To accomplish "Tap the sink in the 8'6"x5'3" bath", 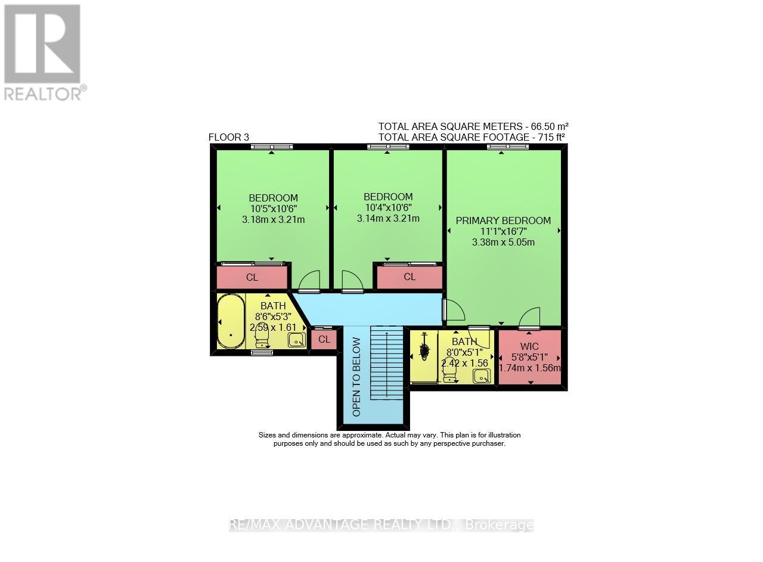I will [x=296, y=340].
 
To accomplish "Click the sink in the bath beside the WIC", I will [x=482, y=375].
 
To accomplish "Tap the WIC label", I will [x=529, y=346].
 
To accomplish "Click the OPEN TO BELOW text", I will [x=356, y=377].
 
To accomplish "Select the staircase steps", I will [x=387, y=364].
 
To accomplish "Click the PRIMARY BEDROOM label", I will [x=503, y=221].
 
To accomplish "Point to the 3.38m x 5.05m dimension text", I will [x=503, y=242].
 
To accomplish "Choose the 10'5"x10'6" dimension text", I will [x=273, y=209].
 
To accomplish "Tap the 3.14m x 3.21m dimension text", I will [x=388, y=218].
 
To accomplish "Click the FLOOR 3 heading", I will [x=228, y=138].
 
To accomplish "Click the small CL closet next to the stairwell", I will [x=324, y=340].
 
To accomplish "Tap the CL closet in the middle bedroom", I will [x=410, y=277].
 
